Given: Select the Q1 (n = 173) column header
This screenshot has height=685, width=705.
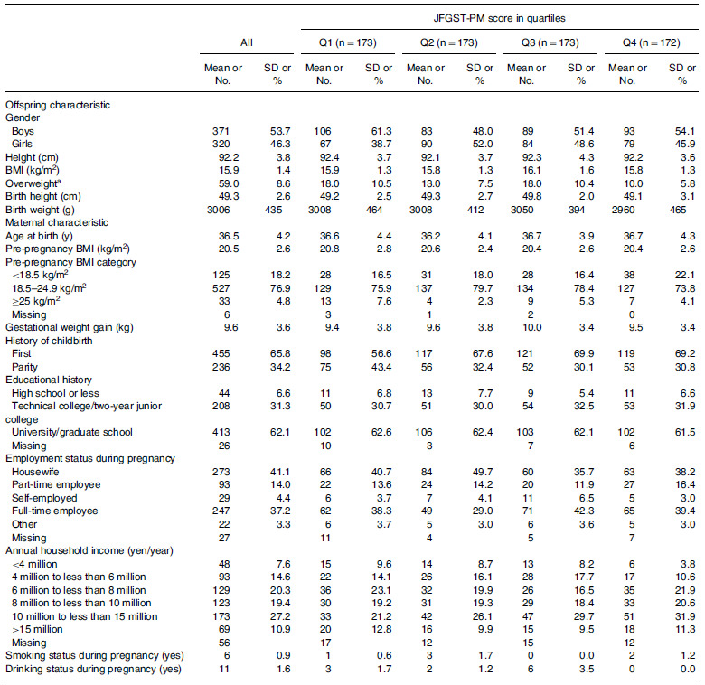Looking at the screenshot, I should pyautogui.click(x=346, y=43).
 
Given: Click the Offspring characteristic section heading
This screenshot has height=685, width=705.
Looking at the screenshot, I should pyautogui.click(x=58, y=104).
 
